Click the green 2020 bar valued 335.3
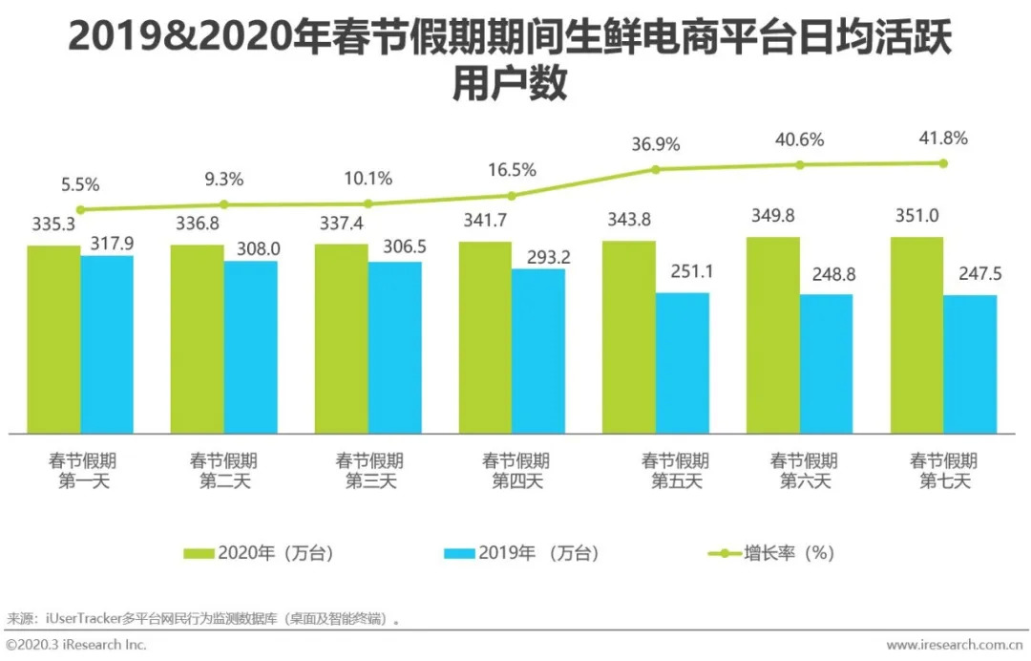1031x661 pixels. coord(53,338)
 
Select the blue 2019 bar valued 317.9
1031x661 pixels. coord(107,344)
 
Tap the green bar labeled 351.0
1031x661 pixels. coord(916,334)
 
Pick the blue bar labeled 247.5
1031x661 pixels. coord(970,363)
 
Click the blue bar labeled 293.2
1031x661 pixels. coord(537,350)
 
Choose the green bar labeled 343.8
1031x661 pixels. coord(628,336)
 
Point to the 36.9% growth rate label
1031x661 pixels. coord(655,144)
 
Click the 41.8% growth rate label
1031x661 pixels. coord(943,138)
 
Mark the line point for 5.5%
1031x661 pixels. coord(80,209)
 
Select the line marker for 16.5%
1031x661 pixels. coord(512,195)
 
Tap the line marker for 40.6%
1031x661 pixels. coord(800,164)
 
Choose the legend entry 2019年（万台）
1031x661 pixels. coord(523,553)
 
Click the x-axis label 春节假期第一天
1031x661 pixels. coord(84,471)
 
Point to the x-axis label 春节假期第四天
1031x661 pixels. coord(515,471)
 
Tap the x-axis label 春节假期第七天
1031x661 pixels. coord(944,471)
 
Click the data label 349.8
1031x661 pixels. coord(773,216)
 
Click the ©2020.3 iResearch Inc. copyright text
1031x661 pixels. coord(76,646)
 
